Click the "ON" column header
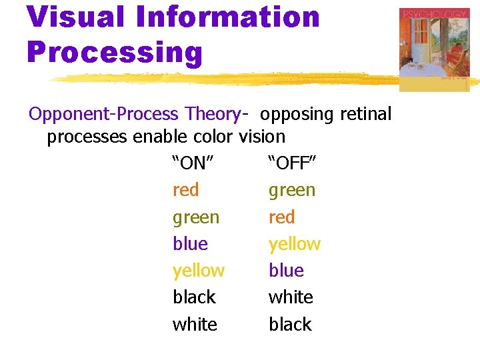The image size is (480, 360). (193, 163)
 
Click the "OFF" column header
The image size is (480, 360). (292, 163)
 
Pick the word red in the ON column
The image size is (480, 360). (185, 190)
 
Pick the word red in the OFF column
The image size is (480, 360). (281, 217)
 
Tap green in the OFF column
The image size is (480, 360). (292, 191)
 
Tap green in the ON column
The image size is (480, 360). (195, 217)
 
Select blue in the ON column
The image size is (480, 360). (190, 244)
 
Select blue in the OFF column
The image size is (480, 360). (286, 271)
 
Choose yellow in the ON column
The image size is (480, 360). (199, 271)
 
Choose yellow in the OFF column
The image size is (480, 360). (295, 244)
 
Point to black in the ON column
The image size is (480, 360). (194, 297)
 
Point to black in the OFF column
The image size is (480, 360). (290, 324)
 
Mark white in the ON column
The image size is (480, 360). (195, 324)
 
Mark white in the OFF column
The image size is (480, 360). (291, 297)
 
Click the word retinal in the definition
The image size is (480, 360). (365, 114)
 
